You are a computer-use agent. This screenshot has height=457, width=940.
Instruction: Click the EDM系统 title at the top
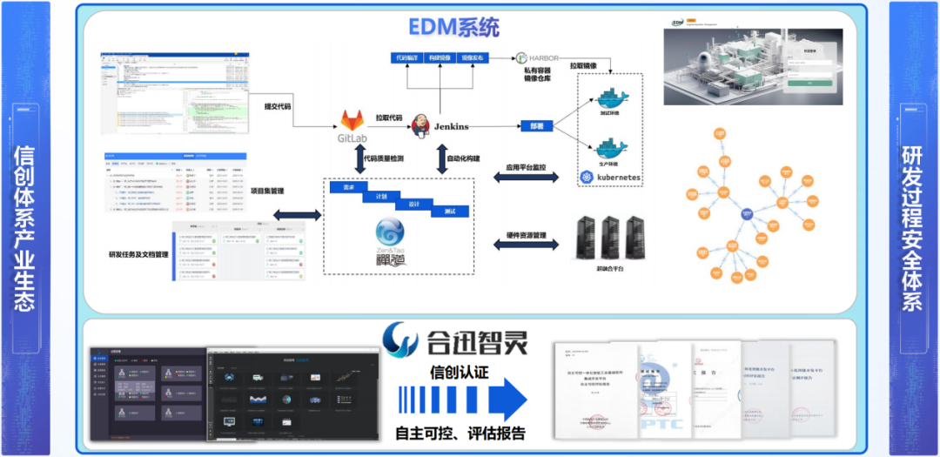[x=454, y=27]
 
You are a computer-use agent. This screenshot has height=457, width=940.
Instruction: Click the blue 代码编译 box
[x=407, y=57]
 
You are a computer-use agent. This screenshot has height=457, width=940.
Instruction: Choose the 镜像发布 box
[x=473, y=57]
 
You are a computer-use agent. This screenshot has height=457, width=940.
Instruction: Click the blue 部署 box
[x=536, y=126]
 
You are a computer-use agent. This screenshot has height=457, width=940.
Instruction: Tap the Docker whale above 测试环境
[x=608, y=95]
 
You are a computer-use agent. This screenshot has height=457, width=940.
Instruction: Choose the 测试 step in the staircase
[x=449, y=211]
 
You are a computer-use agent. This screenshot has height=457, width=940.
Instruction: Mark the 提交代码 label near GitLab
[x=278, y=106]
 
